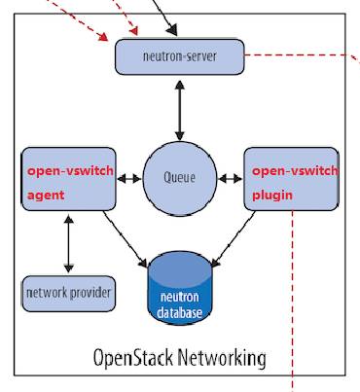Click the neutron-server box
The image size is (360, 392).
[180, 56]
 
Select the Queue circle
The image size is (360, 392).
[180, 178]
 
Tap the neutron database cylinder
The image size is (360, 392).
[180, 288]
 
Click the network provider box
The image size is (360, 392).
[68, 294]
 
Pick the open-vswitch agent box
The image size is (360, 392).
[68, 179]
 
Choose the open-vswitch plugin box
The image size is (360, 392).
[291, 179]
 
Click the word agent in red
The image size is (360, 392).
[46, 196]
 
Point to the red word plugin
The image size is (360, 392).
[272, 196]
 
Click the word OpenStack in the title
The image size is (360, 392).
[133, 358]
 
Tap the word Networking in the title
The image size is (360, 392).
[222, 359]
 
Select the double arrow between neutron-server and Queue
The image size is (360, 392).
[180, 111]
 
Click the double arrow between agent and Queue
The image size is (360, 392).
[129, 178]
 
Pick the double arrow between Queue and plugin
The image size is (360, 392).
[231, 178]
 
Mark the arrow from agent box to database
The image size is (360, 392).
[126, 239]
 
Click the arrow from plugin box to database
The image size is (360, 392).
[234, 239]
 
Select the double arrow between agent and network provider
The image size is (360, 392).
[69, 244]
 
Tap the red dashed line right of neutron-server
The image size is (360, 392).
[302, 55]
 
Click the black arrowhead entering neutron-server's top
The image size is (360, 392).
[172, 30]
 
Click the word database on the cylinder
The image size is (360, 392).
[179, 313]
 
